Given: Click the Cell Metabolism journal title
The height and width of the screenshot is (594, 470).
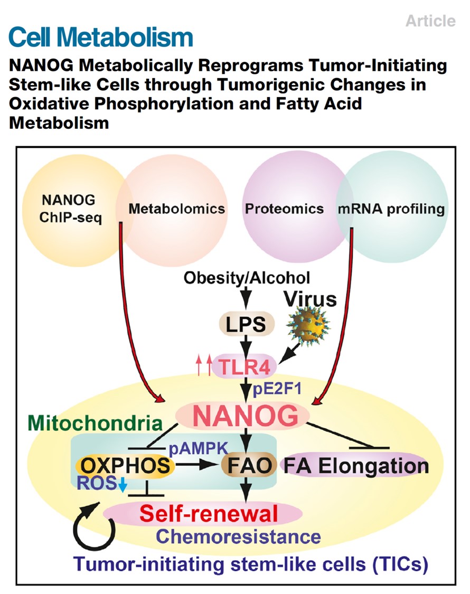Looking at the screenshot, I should pyautogui.click(x=101, y=36).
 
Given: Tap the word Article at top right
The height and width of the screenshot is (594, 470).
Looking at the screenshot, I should pyautogui.click(x=430, y=21).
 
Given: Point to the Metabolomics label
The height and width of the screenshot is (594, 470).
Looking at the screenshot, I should pyautogui.click(x=176, y=209).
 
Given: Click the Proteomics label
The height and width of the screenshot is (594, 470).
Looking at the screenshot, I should pyautogui.click(x=284, y=209).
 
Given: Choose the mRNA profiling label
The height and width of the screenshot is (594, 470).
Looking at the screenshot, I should pyautogui.click(x=391, y=209).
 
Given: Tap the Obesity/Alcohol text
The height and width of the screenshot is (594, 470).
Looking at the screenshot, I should pyautogui.click(x=247, y=277).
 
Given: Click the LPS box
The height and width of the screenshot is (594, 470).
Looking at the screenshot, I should pyautogui.click(x=246, y=324).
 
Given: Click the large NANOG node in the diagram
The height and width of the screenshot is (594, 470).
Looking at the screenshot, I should pyautogui.click(x=245, y=417).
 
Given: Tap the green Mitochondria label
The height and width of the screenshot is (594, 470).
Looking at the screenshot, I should pyautogui.click(x=95, y=423).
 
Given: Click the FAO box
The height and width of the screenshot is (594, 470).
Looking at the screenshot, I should pyautogui.click(x=249, y=466).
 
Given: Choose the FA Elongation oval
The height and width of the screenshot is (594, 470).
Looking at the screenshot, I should pyautogui.click(x=356, y=466).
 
